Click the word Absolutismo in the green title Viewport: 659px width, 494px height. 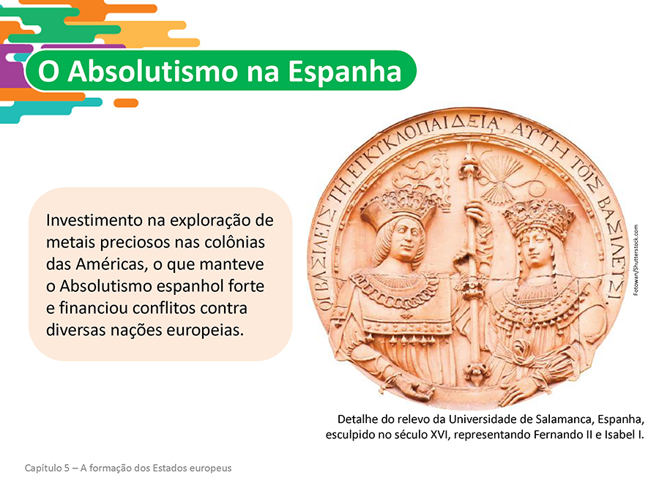point(154,71)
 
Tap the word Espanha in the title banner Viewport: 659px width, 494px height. point(345,72)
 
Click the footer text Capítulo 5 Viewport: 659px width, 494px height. point(47,468)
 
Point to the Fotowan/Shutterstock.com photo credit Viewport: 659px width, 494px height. point(636,260)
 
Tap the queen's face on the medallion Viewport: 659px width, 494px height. point(535,248)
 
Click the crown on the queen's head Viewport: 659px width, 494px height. point(540,217)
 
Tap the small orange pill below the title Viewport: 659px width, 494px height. point(126,103)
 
